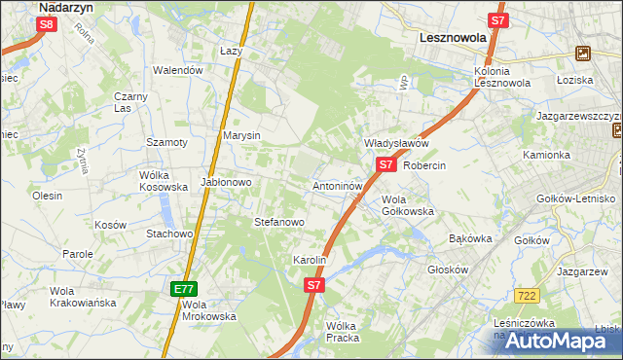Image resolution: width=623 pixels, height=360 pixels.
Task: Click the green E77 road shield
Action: tap(184, 289)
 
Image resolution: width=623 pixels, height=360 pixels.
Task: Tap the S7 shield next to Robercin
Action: tap(386, 165)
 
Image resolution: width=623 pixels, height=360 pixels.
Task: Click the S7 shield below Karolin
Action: tap(313, 285)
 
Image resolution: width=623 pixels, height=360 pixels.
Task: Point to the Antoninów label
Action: tap(338, 185)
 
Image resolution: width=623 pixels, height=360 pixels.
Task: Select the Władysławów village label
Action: tap(396, 143)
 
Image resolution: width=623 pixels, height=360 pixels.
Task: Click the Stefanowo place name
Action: tap(279, 223)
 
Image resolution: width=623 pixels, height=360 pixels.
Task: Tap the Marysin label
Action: tap(241, 135)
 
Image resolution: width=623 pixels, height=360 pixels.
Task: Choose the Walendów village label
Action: tap(178, 70)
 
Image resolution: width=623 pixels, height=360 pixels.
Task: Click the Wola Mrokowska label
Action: tap(209, 309)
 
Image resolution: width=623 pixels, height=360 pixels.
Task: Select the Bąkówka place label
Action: tap(471, 238)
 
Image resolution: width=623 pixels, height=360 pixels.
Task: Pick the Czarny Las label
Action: tap(129, 102)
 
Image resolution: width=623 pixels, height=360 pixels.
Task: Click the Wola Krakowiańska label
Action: tap(83, 297)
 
